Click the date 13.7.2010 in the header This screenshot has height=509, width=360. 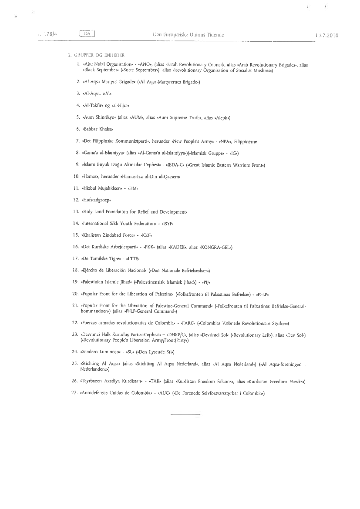click(326, 34)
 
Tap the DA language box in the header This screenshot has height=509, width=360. click(87, 34)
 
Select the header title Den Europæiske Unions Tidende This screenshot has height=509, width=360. click(188, 34)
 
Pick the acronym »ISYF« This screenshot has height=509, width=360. click(170, 223)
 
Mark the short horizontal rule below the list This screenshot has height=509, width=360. click(186, 416)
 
